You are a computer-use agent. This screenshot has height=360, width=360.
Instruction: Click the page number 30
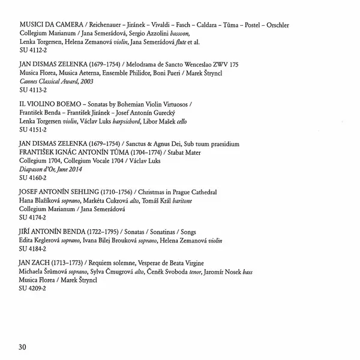coord(23,346)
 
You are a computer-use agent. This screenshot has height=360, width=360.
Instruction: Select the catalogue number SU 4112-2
coord(33,69)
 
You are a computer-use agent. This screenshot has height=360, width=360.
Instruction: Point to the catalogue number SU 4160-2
coord(33,179)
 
